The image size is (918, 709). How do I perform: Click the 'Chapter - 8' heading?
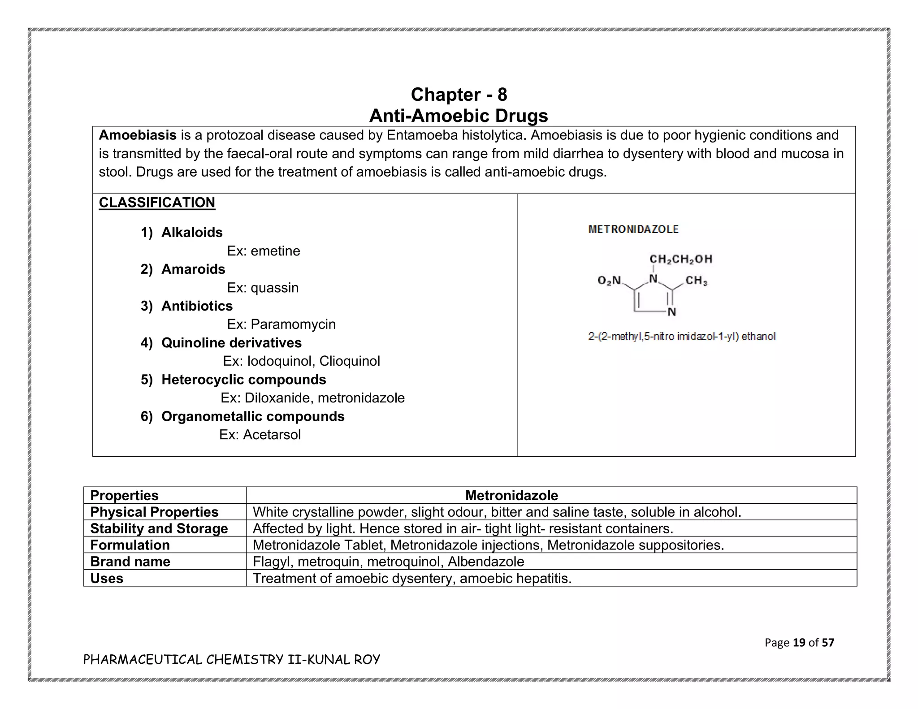coord(459,95)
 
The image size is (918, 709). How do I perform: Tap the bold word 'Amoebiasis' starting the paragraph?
coord(137,135)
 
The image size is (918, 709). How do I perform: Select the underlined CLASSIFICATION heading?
coord(157,203)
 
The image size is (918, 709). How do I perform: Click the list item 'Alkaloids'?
coord(192,232)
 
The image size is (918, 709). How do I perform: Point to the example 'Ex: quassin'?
coord(263,287)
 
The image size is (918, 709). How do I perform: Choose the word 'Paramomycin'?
coord(293,324)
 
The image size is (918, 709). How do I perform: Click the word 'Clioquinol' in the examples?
coord(350,361)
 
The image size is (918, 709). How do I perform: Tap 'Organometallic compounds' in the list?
coord(253,416)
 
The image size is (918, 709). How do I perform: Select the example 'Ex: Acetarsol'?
coord(260,435)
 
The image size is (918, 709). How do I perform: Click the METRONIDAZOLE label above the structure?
coord(633,229)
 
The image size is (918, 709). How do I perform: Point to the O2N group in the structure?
coord(609,281)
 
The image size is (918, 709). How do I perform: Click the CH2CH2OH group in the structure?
coord(680,259)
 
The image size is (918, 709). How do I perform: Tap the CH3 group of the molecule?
coord(696,281)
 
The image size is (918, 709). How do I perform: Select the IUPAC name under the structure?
coord(681,337)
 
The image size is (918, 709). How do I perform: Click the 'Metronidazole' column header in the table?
coord(511,495)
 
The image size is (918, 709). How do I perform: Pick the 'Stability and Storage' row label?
coord(159,528)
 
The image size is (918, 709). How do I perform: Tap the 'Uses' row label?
coord(107,578)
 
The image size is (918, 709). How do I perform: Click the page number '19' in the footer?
coord(799,643)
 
